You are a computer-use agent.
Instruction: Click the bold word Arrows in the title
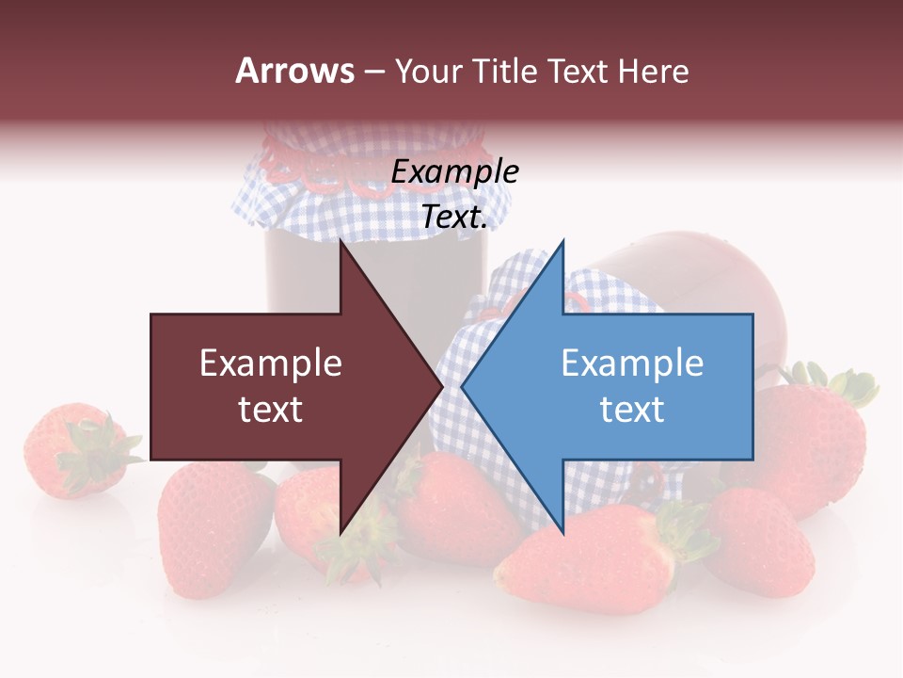pos(295,71)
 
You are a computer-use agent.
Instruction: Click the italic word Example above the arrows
pos(455,171)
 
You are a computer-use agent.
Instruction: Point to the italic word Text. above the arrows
pos(455,218)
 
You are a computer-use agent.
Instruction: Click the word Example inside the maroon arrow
pos(271,363)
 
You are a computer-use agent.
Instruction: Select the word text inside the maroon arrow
pos(271,410)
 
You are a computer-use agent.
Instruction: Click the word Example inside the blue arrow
pos(632,363)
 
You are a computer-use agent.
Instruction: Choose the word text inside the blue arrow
pos(632,410)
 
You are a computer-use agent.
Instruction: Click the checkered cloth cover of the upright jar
pos(310,202)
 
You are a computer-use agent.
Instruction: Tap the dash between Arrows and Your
pos(374,72)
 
